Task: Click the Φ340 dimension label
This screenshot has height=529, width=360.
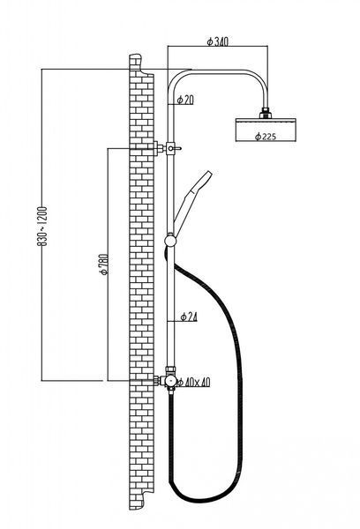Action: [x=217, y=41]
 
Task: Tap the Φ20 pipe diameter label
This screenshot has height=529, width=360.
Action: [x=185, y=100]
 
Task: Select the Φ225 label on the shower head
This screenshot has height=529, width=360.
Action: [x=266, y=137]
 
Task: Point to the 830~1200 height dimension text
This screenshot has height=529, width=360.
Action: [x=41, y=226]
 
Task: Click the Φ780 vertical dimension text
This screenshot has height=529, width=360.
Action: [x=104, y=264]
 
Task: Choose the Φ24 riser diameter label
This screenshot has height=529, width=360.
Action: [x=189, y=317]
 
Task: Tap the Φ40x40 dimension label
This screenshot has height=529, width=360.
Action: [x=194, y=383]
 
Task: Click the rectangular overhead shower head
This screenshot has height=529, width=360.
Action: [x=266, y=130]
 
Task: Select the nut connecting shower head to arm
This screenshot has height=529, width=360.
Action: [x=266, y=113]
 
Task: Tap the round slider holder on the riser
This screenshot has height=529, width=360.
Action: [x=170, y=241]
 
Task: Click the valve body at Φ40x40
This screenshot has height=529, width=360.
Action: [x=170, y=381]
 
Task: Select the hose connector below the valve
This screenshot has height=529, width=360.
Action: [x=171, y=391]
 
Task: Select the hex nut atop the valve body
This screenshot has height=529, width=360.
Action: [x=170, y=370]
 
